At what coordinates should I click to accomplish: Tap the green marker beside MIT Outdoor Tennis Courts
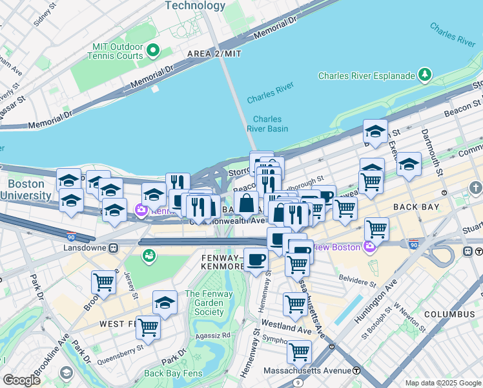[153, 50]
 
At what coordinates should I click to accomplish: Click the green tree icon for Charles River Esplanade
[426, 76]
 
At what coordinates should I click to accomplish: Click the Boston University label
[26, 189]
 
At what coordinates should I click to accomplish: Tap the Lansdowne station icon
[114, 247]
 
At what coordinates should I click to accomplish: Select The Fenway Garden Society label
[205, 303]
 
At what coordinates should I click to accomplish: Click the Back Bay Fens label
[173, 373]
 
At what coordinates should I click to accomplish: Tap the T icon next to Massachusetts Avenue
[356, 371]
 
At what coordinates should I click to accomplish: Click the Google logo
[21, 380]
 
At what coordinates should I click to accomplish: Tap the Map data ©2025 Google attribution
[442, 383]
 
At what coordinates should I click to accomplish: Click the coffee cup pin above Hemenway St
[256, 260]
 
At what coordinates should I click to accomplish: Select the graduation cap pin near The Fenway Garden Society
[165, 303]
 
